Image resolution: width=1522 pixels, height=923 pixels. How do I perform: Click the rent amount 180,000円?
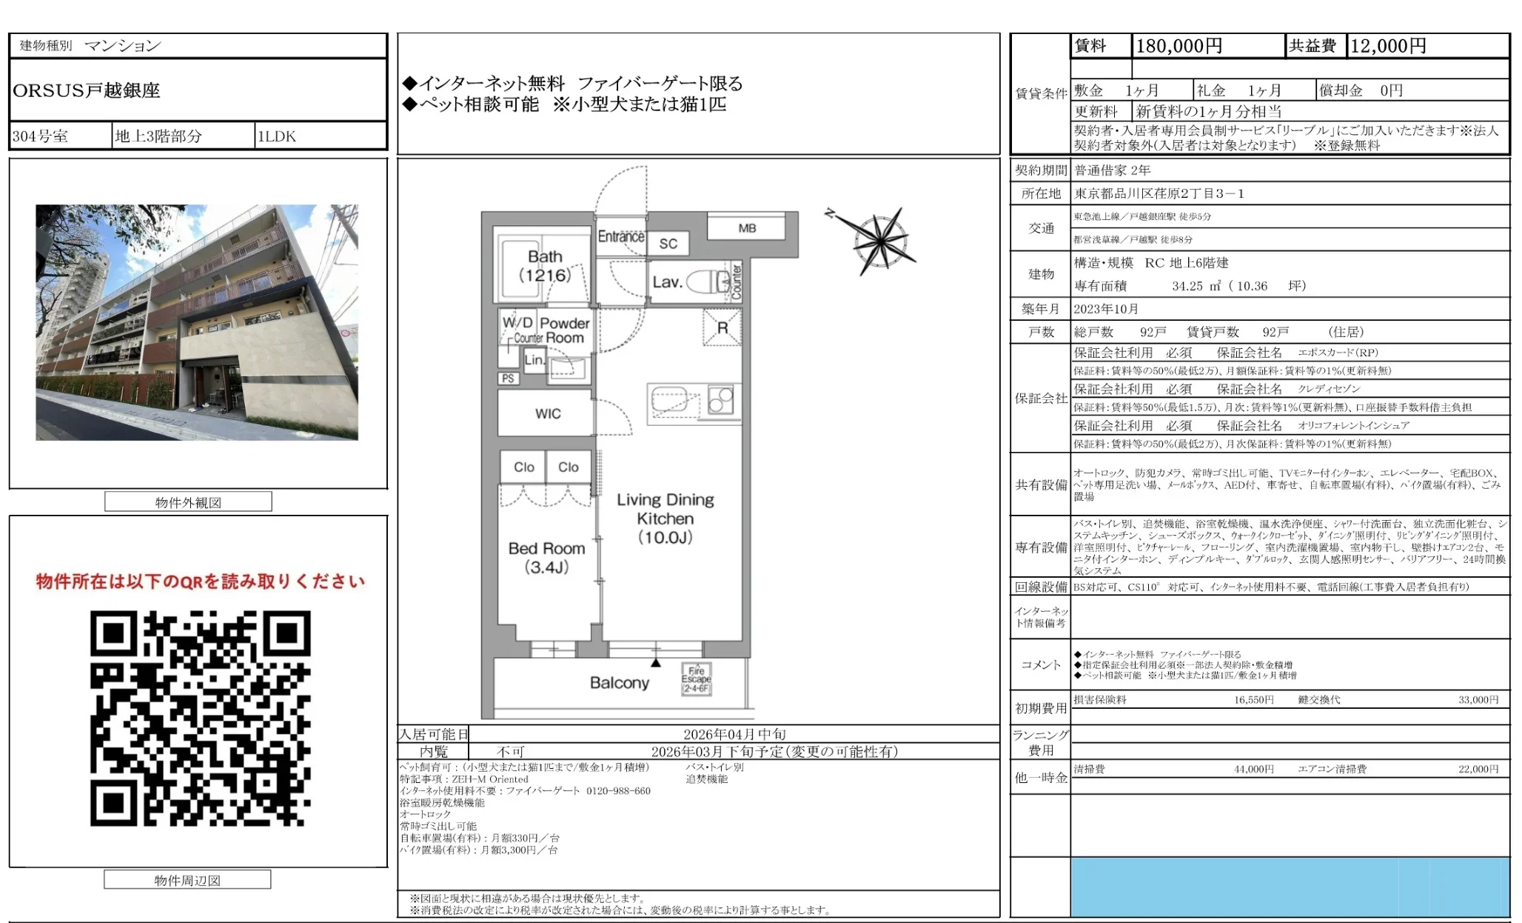click(1179, 46)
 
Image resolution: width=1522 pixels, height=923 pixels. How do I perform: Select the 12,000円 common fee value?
click(1388, 46)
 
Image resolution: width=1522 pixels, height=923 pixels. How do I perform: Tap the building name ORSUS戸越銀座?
click(87, 90)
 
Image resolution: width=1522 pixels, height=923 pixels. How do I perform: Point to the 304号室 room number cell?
click(41, 136)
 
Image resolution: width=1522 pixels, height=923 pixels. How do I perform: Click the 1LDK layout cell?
click(277, 136)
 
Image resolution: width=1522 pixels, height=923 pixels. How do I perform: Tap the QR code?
click(200, 718)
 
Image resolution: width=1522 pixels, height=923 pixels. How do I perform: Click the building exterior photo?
click(197, 322)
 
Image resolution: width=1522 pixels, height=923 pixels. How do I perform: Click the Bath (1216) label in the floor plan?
click(545, 266)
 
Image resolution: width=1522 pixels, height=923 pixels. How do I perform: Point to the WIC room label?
click(548, 414)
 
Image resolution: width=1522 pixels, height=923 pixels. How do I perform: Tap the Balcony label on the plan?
click(619, 683)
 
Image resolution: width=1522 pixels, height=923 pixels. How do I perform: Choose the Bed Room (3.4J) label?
click(546, 558)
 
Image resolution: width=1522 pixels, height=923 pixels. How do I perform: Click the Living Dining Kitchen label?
click(666, 518)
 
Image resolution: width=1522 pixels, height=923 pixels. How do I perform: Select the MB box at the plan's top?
click(747, 228)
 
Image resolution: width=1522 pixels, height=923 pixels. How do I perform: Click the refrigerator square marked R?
click(723, 328)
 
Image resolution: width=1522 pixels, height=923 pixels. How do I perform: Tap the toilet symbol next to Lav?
click(708, 281)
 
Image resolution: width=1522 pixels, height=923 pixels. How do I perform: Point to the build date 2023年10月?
click(1106, 309)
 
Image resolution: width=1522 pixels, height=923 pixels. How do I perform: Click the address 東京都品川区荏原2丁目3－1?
click(1159, 193)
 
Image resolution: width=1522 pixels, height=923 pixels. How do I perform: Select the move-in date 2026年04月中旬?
click(734, 734)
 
